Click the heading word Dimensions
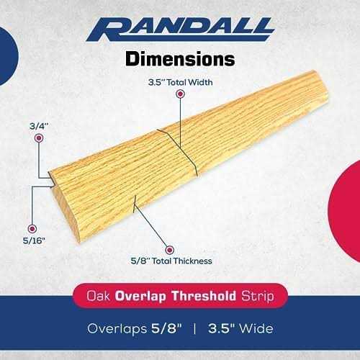click(x=179, y=58)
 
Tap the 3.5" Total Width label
click(x=179, y=82)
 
